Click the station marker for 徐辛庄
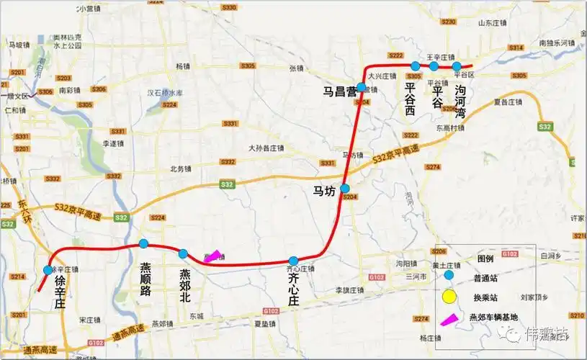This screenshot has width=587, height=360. [x=48, y=270]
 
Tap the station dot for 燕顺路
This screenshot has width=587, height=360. [x=143, y=243]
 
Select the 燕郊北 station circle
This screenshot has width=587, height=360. [x=184, y=253]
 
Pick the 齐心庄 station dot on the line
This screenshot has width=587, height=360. [x=293, y=261]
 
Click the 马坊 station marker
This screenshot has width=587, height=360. [x=345, y=188]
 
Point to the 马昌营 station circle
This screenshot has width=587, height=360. [x=361, y=87]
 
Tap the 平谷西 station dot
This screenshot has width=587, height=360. [x=416, y=66]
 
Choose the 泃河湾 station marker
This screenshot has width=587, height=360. [x=457, y=66]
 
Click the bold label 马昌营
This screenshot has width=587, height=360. [x=340, y=91]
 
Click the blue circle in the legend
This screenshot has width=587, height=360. [x=449, y=275]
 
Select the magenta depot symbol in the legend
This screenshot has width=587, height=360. [x=448, y=318]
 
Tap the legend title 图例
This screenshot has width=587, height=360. [x=485, y=258]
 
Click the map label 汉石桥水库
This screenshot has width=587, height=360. [x=165, y=93]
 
